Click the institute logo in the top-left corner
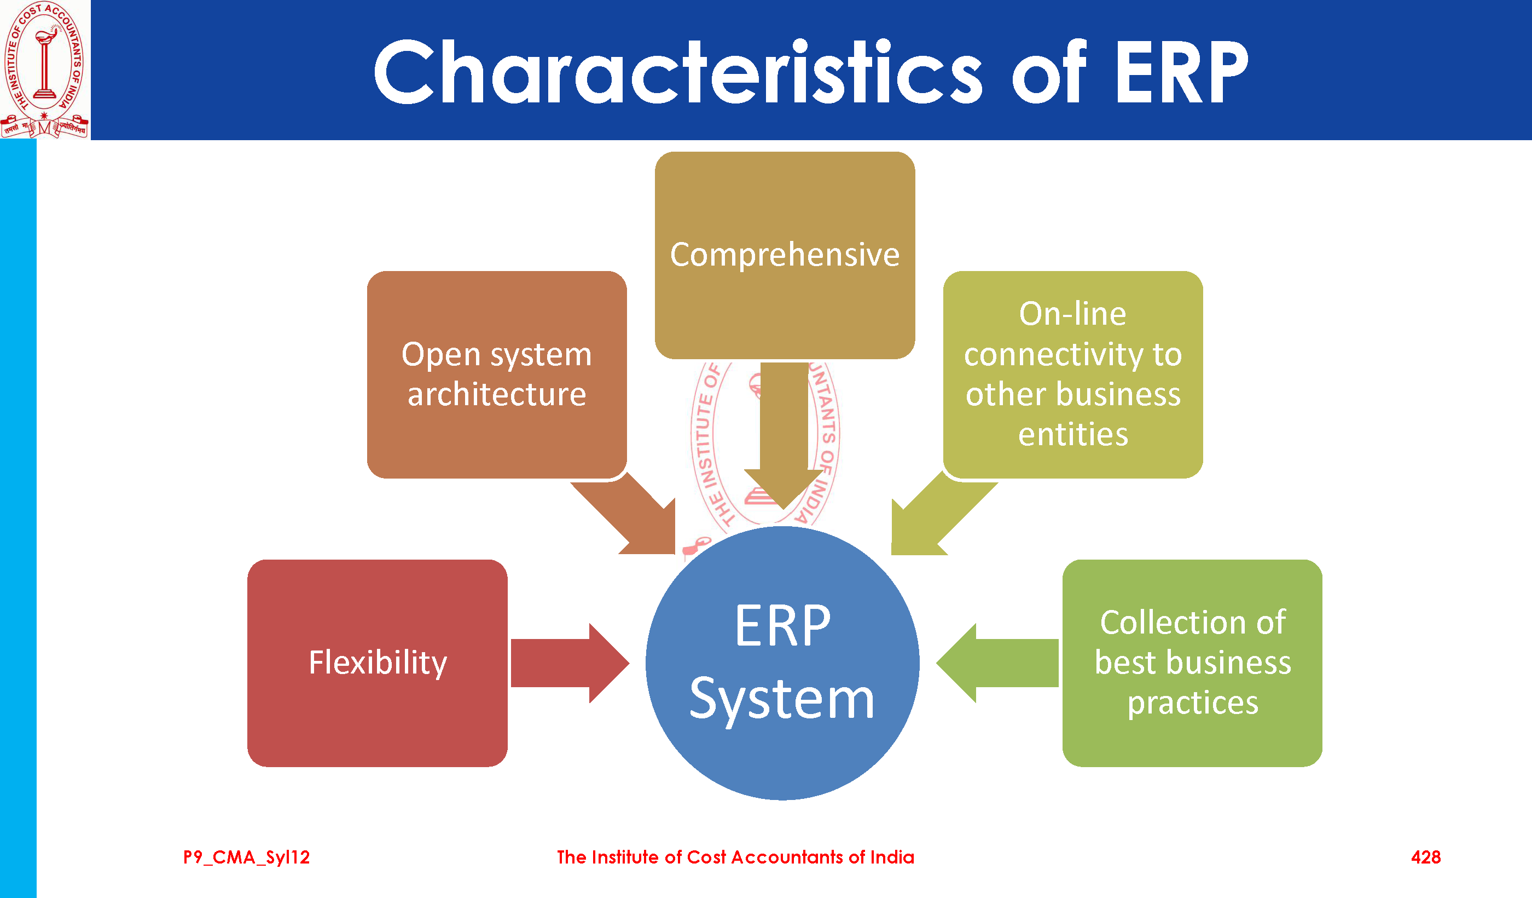[x=44, y=69]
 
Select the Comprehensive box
[x=784, y=254]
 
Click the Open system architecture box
[x=497, y=374]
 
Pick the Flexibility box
[x=378, y=663]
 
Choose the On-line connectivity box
[x=1072, y=374]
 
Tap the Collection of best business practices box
[x=1192, y=663]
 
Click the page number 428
[x=1426, y=857]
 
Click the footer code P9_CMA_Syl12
[x=246, y=857]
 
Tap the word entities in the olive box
[x=1073, y=434]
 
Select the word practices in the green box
[x=1192, y=703]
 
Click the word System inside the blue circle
[x=782, y=700]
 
